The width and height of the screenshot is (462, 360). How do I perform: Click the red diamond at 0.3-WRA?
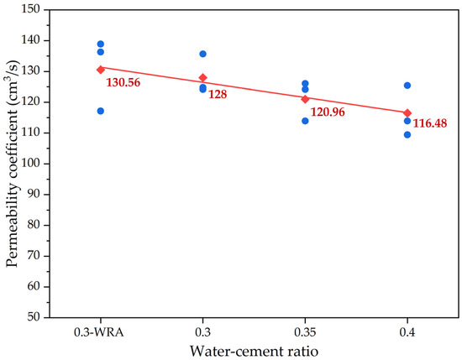[x=101, y=70]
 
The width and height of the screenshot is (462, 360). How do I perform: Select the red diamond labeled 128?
[x=202, y=77]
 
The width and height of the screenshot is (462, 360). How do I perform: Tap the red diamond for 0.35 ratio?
[x=305, y=99]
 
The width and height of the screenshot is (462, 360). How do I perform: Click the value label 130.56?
[x=124, y=83]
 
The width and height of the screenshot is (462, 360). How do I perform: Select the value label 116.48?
[x=432, y=123]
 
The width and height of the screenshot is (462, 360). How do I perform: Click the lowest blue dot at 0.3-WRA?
[x=101, y=111]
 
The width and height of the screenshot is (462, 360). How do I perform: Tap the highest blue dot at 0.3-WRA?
[x=101, y=44]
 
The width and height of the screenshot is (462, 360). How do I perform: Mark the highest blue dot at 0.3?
[x=202, y=54]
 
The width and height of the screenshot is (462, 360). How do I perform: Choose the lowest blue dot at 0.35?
[x=305, y=121]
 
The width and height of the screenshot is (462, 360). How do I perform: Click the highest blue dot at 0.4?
[x=407, y=86]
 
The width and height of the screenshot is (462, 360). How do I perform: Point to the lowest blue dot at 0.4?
[x=407, y=134]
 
